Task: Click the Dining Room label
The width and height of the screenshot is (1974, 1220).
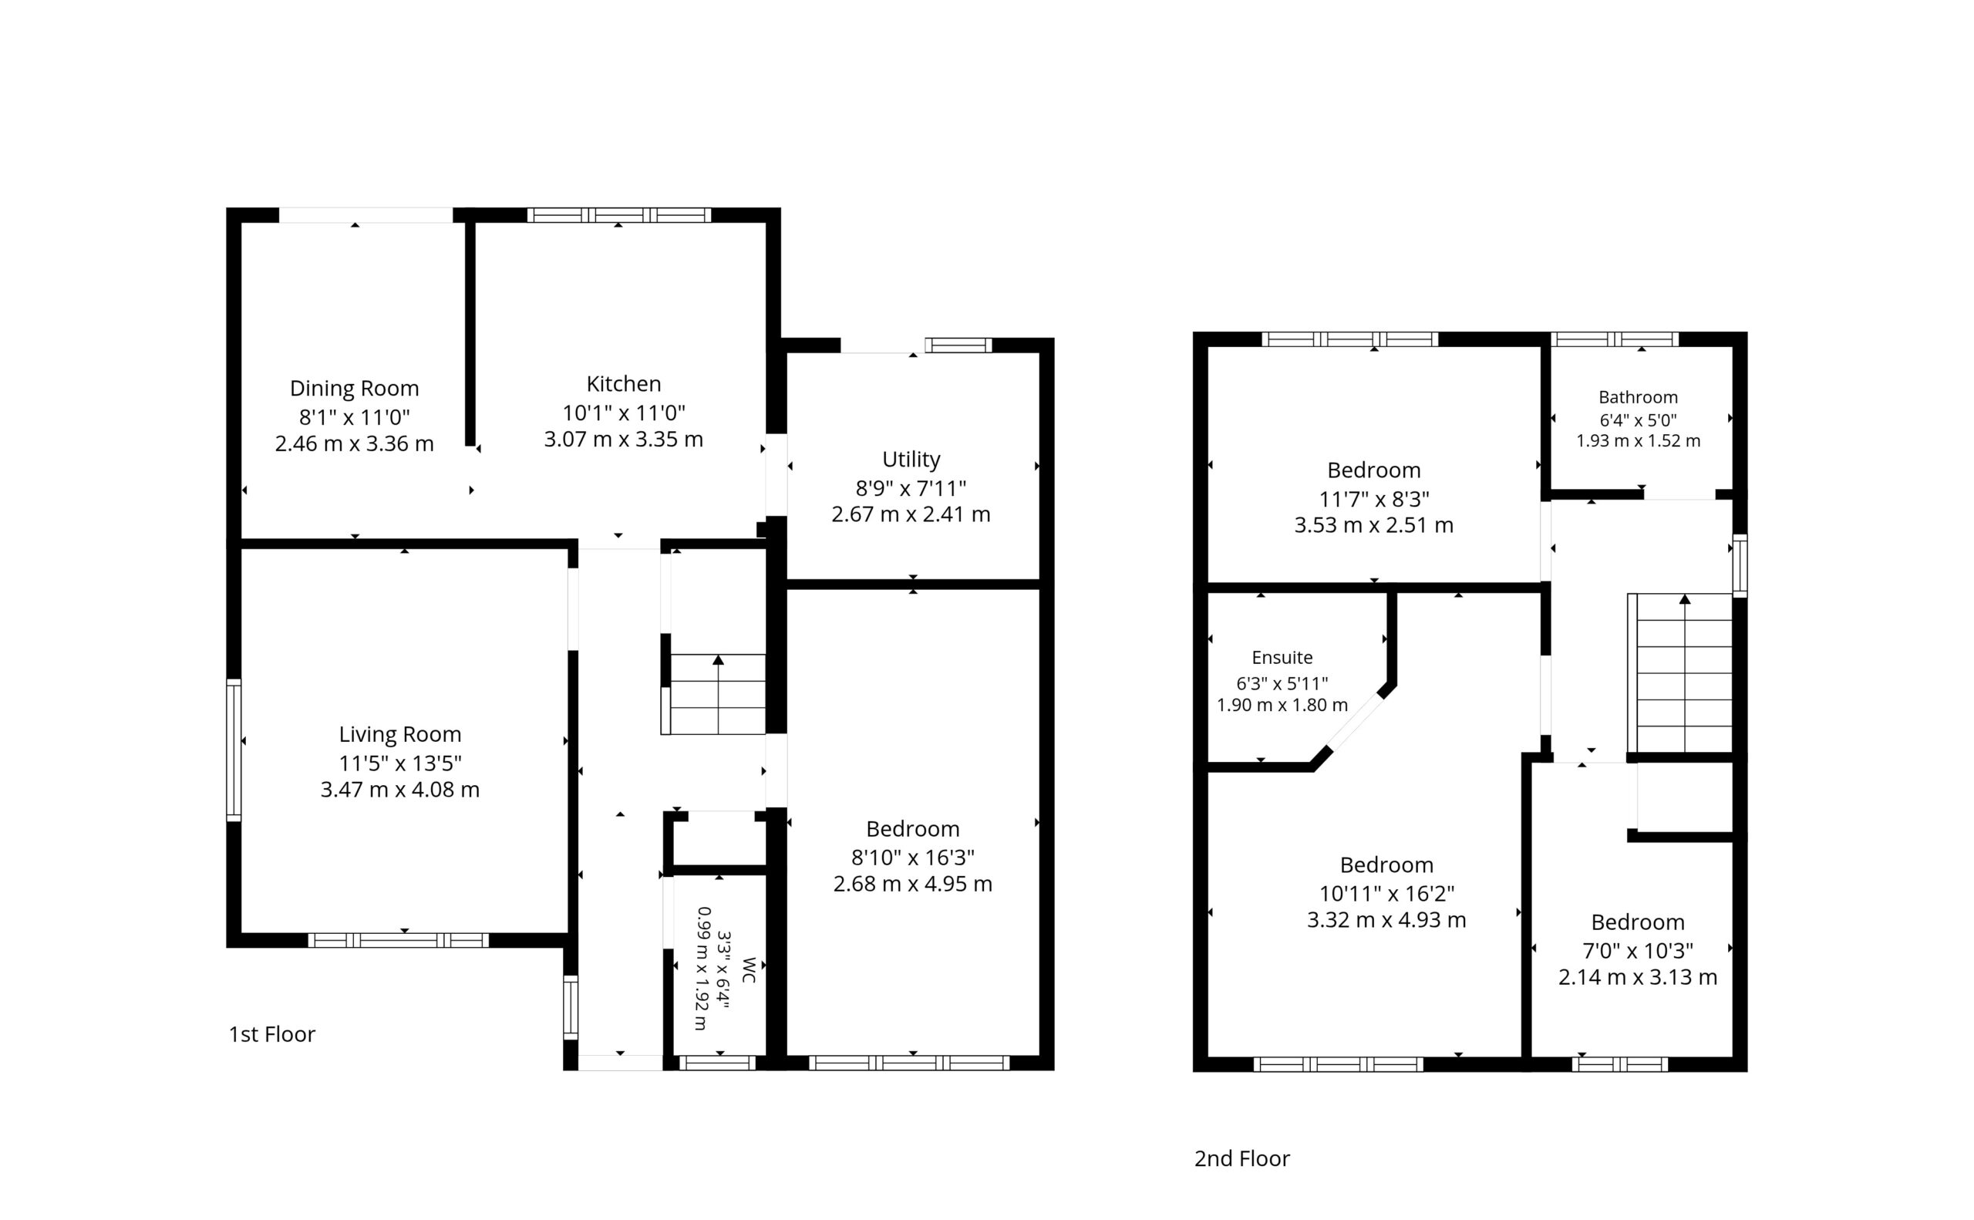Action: pos(354,388)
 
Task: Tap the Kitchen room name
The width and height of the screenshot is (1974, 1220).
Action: pos(624,383)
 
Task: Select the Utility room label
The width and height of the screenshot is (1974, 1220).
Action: pos(911,459)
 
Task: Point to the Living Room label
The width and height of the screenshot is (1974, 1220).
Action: pos(400,734)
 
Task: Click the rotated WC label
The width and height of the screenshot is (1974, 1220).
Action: pos(749,970)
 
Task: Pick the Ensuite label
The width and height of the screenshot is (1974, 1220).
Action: pos(1282,658)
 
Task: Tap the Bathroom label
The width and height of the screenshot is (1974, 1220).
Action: pos(1638,397)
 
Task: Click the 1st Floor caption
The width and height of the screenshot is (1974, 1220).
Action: pos(272,1034)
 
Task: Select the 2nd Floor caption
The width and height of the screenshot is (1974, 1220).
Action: pos(1241,1158)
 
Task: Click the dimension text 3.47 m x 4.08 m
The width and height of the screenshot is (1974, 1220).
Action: pos(400,789)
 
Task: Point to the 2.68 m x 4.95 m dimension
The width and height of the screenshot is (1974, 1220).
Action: pos(912,884)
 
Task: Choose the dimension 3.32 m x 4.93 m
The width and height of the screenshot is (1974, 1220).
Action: pos(1386,920)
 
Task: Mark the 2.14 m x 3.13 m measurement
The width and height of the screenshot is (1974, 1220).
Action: pos(1638,977)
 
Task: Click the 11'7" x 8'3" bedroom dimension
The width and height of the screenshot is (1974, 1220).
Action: pos(1374,499)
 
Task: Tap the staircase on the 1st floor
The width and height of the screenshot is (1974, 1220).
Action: pos(713,694)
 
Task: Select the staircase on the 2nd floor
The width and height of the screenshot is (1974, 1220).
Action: pos(1679,673)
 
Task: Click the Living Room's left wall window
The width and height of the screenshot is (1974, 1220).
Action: pos(234,750)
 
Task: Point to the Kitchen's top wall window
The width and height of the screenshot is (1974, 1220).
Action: pos(618,214)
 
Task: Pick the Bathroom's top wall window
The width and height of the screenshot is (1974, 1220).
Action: pos(1614,339)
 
